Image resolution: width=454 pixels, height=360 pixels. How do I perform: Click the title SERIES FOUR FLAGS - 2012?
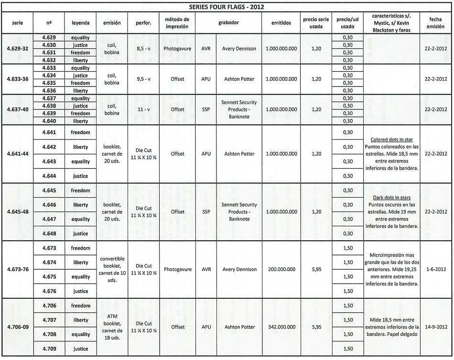point(227,7)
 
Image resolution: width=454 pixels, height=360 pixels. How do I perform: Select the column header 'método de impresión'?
point(177,23)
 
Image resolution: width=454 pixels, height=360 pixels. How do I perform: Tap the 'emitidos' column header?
point(281,23)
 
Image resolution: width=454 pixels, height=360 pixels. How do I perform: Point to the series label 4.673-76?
point(18,270)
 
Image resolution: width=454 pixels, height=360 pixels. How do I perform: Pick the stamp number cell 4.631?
point(49,53)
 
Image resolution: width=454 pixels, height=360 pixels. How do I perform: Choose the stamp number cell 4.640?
point(49,121)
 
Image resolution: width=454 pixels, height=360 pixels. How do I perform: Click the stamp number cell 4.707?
point(49,320)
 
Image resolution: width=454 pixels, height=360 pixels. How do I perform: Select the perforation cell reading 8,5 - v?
point(143,49)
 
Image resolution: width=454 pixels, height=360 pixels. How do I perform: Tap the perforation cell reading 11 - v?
point(143,110)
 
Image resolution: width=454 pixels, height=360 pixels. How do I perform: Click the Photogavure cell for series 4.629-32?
point(177,49)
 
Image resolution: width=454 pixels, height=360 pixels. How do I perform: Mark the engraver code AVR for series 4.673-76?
point(206,270)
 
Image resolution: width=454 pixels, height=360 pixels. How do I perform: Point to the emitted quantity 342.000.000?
point(281,327)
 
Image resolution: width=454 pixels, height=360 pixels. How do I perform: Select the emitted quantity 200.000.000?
point(281,270)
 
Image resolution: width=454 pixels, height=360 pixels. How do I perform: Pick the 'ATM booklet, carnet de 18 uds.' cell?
point(112,327)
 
